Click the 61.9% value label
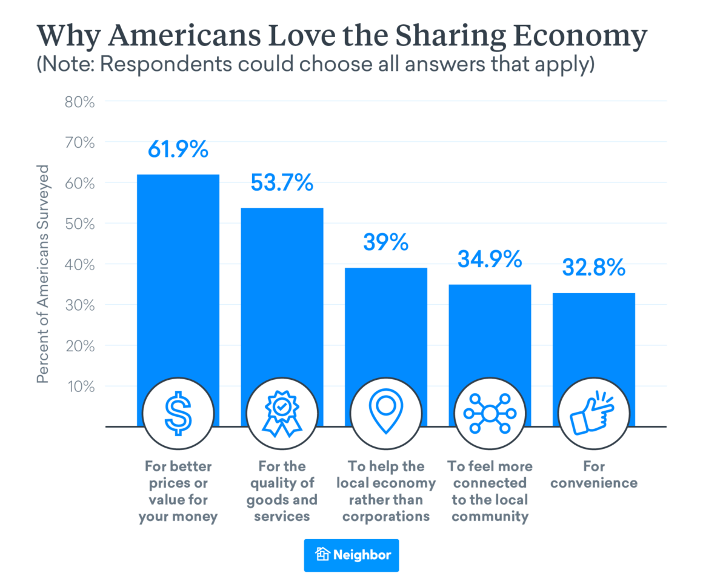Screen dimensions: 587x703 178,149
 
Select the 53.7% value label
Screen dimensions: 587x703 282,182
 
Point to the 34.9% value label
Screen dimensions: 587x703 490,259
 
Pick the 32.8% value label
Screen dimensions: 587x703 593,267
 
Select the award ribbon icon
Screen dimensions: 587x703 282,415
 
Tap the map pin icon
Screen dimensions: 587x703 385,415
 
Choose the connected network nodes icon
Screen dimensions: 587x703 490,415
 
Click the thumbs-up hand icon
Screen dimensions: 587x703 593,415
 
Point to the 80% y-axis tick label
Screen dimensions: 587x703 79,101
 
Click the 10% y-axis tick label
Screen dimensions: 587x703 79,386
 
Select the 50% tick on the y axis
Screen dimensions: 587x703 79,224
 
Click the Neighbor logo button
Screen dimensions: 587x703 351,555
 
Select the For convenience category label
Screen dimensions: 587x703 593,475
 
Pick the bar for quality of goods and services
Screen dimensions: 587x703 282,303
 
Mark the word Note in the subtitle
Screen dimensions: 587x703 68,65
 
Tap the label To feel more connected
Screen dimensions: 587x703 490,491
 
